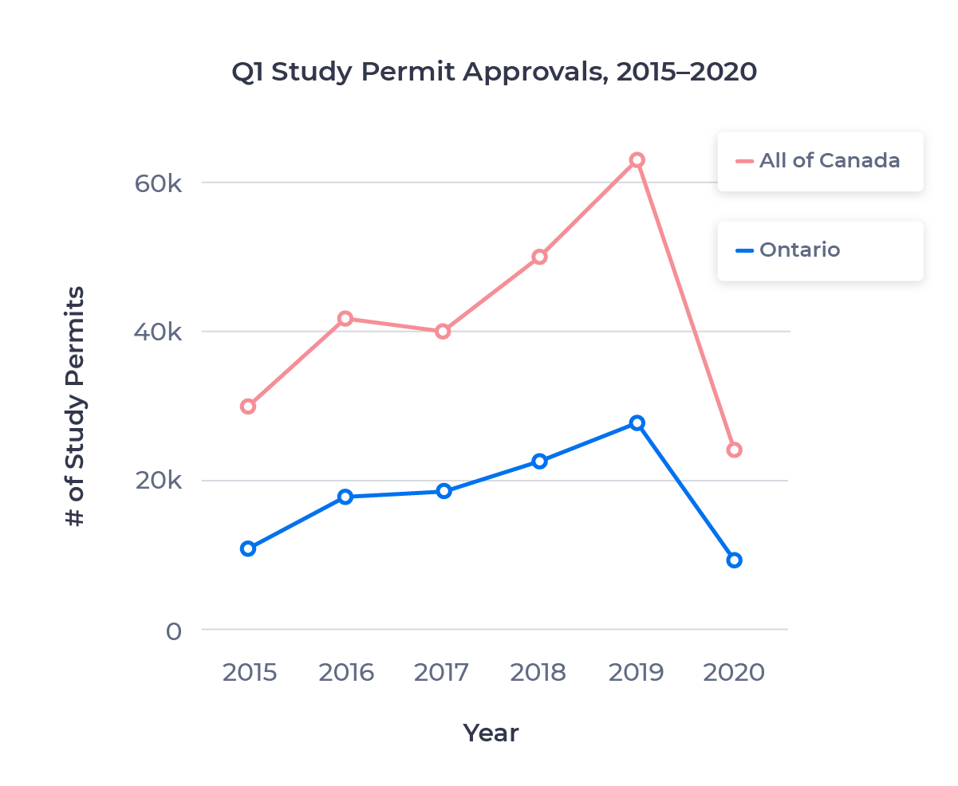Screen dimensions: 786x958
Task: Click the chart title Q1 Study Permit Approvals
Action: click(x=494, y=72)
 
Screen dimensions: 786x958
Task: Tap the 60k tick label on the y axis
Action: click(x=159, y=183)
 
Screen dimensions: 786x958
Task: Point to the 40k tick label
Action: click(x=159, y=332)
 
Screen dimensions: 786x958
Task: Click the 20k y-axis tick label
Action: click(x=159, y=481)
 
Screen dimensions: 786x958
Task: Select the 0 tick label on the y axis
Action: click(x=173, y=631)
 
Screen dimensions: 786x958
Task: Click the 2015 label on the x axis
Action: click(x=249, y=672)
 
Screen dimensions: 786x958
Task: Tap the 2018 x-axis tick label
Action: click(x=538, y=672)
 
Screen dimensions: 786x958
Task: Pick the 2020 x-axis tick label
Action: click(x=733, y=672)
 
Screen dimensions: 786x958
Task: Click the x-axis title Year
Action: click(x=491, y=733)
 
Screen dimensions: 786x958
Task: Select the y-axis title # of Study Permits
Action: click(x=75, y=407)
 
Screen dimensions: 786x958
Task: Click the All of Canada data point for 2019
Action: click(x=637, y=160)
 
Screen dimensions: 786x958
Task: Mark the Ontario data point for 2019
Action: click(x=637, y=422)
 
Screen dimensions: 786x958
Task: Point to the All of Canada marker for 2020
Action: click(x=734, y=450)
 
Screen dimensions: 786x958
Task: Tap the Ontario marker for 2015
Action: click(x=248, y=548)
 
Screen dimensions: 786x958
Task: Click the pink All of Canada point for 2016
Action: click(x=345, y=318)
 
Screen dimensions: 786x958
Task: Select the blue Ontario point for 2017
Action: click(x=444, y=490)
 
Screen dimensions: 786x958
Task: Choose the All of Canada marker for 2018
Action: click(x=539, y=257)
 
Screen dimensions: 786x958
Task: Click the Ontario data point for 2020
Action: click(x=734, y=560)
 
